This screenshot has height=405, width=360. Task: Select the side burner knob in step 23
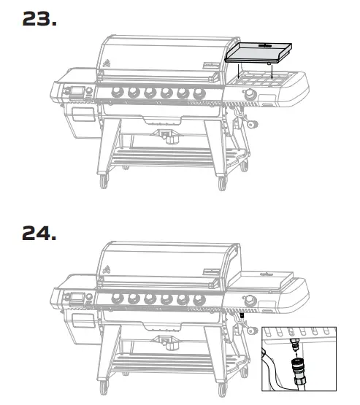[250, 94]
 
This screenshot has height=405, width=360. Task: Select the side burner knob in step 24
[251, 300]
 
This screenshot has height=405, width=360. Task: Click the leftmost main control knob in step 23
[116, 92]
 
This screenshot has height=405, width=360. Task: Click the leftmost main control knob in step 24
[116, 298]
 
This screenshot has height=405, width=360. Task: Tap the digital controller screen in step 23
[76, 92]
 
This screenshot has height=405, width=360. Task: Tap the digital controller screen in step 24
[76, 298]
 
